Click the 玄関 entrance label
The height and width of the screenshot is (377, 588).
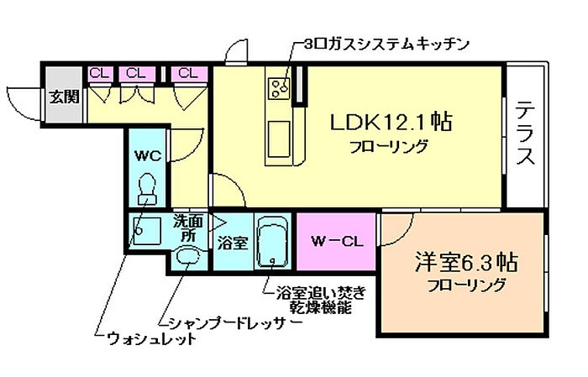(x=63, y=96)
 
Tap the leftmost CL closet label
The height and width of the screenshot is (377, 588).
(x=100, y=73)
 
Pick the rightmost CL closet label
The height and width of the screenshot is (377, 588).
(x=186, y=73)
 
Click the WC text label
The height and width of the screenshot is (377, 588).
(x=148, y=154)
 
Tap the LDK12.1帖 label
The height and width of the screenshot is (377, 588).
(x=391, y=122)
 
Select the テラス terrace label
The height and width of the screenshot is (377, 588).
(x=527, y=134)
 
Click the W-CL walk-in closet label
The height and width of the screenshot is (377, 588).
(x=337, y=243)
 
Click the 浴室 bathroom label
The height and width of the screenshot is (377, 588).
(x=232, y=243)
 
